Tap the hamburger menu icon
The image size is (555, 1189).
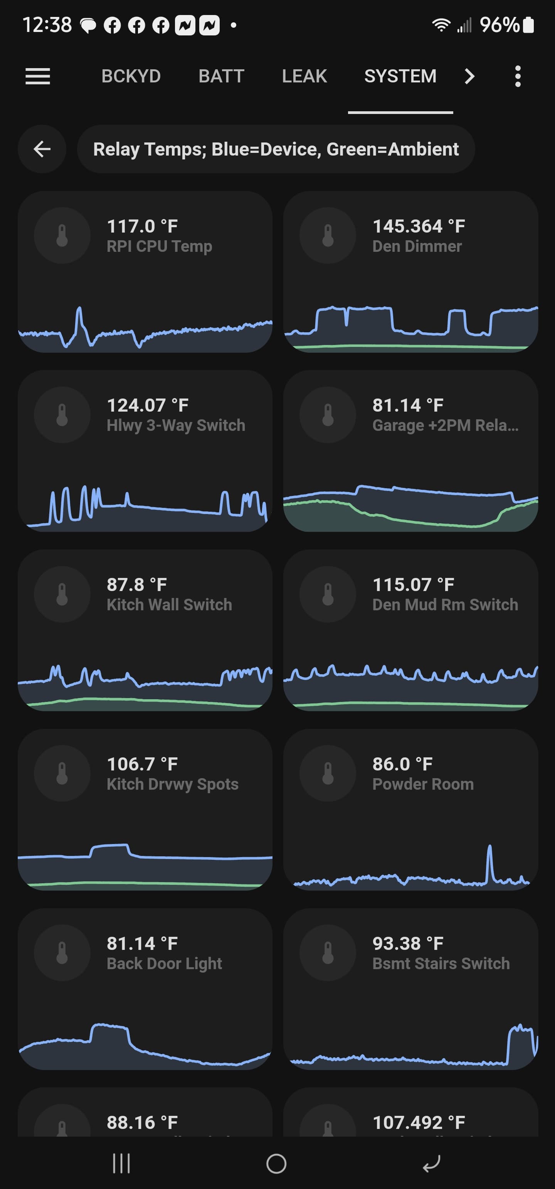37,76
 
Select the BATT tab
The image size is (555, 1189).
221,76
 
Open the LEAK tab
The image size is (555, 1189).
304,76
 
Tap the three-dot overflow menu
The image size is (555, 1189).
518,76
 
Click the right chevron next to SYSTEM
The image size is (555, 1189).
469,76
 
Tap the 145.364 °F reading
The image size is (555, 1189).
419,226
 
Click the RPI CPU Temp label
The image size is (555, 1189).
160,246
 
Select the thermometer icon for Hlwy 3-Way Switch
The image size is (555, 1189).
62,415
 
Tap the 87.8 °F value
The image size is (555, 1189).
137,585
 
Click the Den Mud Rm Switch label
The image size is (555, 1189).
446,605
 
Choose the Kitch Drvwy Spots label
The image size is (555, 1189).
173,784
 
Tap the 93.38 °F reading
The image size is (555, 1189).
408,943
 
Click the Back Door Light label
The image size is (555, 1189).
165,964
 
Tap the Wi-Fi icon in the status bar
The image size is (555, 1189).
441,25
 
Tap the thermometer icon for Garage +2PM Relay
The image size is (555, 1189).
328,415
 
